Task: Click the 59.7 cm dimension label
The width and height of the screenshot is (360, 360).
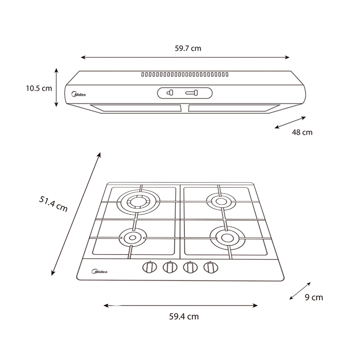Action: click(x=188, y=49)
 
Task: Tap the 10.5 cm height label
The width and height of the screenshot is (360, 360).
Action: click(x=39, y=88)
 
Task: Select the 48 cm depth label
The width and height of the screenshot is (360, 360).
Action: click(x=302, y=132)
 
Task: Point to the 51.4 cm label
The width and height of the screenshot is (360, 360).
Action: click(x=53, y=204)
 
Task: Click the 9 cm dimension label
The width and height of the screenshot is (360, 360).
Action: click(x=314, y=297)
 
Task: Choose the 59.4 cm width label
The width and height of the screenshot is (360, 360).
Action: click(x=184, y=316)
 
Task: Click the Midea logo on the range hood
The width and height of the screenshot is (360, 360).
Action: click(x=78, y=94)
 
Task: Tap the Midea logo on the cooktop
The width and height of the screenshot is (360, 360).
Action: click(x=99, y=271)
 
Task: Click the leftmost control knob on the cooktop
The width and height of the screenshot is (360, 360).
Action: click(x=149, y=267)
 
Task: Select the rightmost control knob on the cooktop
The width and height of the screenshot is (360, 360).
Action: click(x=211, y=267)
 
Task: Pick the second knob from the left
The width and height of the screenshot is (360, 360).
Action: click(x=170, y=267)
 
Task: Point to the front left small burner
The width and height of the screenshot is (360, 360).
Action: click(x=132, y=238)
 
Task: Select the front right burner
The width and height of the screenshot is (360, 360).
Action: click(x=227, y=237)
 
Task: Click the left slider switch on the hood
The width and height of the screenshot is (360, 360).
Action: click(x=170, y=93)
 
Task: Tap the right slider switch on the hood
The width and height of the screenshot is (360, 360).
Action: click(x=192, y=93)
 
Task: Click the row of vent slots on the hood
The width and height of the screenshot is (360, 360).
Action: click(x=185, y=75)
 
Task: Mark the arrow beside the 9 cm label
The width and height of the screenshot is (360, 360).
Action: click(x=300, y=291)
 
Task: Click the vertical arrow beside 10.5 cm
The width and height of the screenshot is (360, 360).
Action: click(x=56, y=87)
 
